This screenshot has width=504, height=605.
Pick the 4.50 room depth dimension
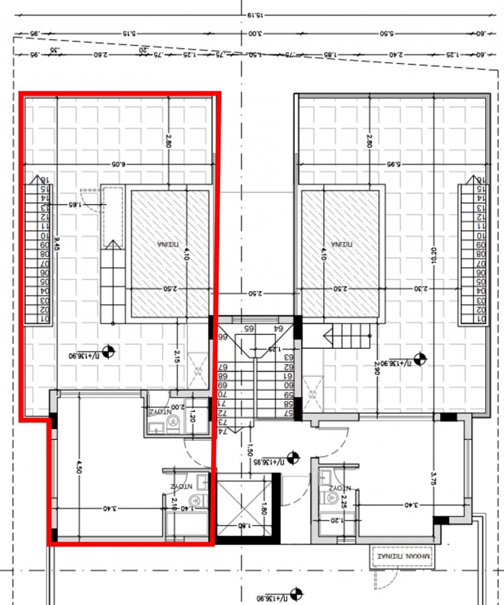[x=79, y=467]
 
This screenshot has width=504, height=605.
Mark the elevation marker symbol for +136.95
[x=292, y=461]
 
